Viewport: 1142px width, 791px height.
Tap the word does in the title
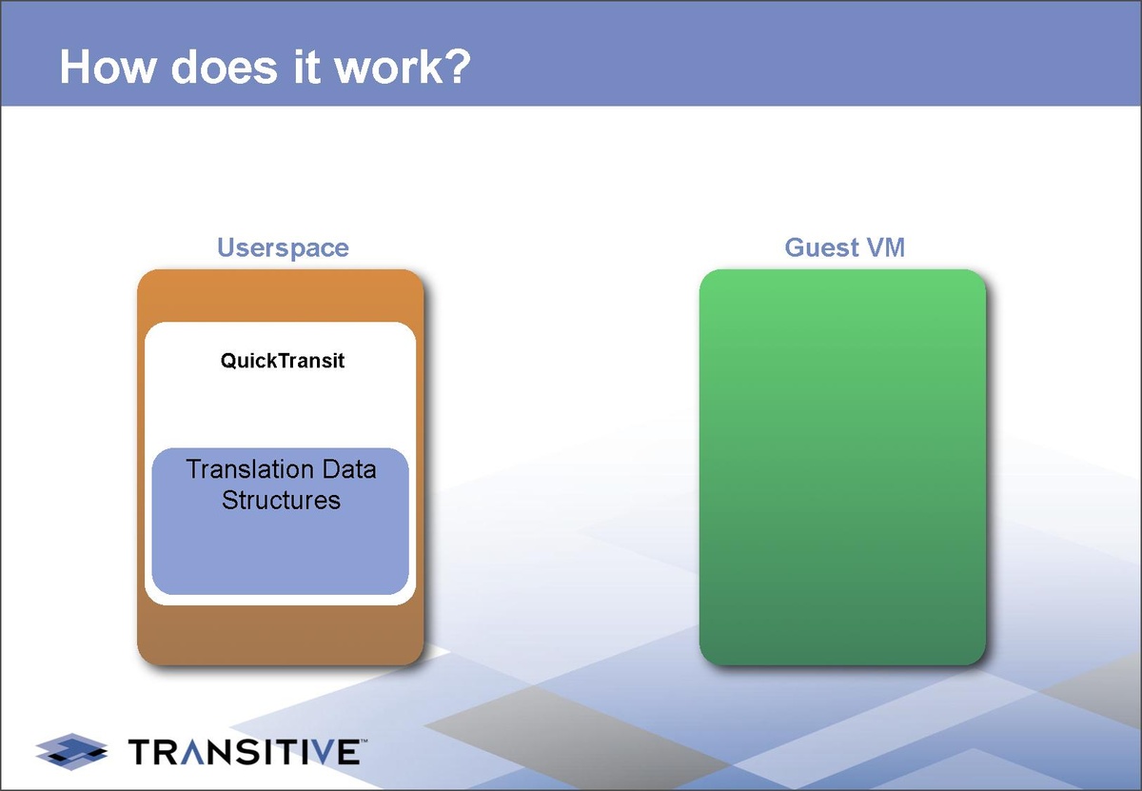point(225,67)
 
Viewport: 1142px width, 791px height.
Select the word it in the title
point(307,67)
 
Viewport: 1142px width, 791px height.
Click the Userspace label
point(283,248)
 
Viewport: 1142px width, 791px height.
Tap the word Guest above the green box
point(821,247)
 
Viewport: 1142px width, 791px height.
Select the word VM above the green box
point(886,247)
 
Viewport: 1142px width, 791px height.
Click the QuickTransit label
point(283,361)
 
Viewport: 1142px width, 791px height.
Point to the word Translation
point(249,469)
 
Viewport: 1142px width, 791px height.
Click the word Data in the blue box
point(349,469)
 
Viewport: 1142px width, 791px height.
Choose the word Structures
point(281,500)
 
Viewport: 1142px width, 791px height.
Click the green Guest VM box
point(843,467)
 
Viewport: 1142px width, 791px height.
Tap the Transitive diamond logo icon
point(72,751)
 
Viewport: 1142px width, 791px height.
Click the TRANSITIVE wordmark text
point(245,752)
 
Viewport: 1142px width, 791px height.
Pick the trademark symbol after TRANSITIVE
point(364,740)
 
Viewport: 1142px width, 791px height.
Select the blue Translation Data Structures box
point(281,522)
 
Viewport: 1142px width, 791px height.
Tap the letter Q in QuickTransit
point(227,361)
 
